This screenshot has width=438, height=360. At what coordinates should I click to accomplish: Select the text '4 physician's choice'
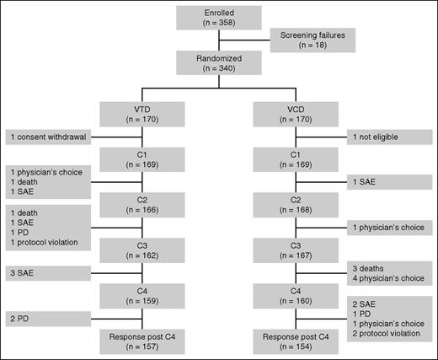(387, 279)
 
